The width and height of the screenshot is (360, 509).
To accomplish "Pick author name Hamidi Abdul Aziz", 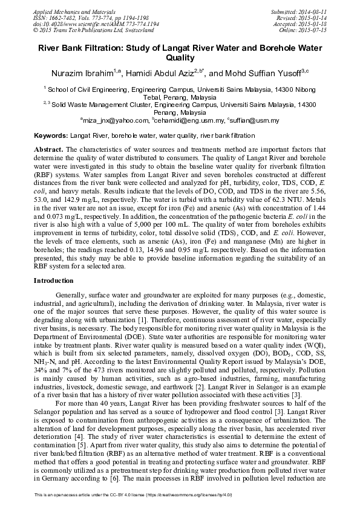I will pos(162,73).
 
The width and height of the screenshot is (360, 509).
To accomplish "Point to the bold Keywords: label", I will pos(51,136).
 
